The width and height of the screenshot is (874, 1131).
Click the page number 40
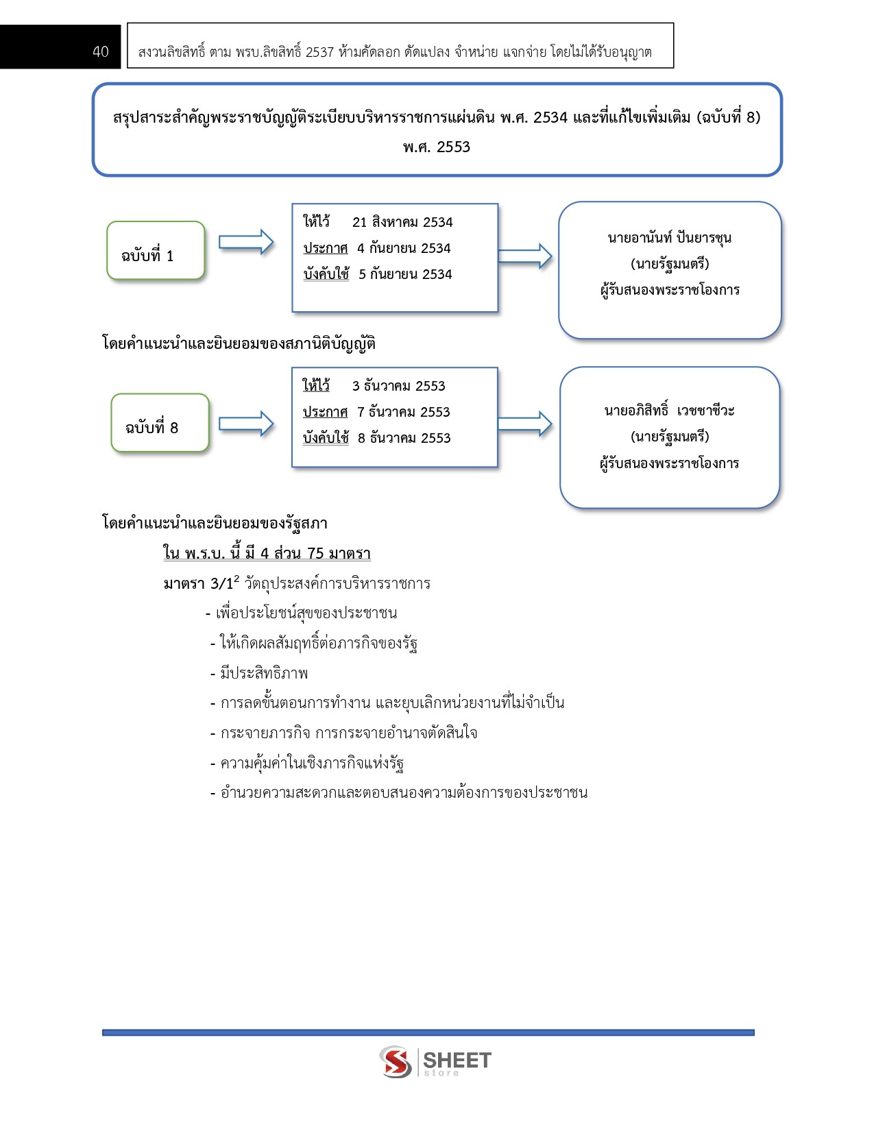101,51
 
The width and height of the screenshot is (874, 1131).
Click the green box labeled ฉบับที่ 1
156,250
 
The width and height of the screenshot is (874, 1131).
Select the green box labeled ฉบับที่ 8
160,423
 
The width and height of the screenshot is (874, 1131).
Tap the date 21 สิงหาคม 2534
402,222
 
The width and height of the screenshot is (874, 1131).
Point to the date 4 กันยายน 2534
404,248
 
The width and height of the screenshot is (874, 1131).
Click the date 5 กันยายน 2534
405,274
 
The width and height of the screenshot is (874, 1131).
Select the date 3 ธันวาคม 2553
399,386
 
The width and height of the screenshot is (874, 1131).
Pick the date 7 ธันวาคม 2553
404,412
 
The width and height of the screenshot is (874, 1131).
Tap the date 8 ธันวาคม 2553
404,438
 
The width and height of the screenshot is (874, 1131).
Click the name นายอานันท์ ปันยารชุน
670,238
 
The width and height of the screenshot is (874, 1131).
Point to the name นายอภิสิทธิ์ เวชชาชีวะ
670,410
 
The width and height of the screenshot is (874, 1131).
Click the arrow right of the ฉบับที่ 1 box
246,242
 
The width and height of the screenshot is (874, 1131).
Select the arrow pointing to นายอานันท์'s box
524,256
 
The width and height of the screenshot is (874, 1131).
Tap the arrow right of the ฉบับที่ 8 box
246,424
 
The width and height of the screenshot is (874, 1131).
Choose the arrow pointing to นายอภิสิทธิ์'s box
524,424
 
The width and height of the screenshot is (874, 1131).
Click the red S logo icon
396,1061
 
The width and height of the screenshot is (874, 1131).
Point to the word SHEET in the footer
457,1060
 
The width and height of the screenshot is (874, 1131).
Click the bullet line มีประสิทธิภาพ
258,674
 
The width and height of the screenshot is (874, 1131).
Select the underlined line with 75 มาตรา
267,552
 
